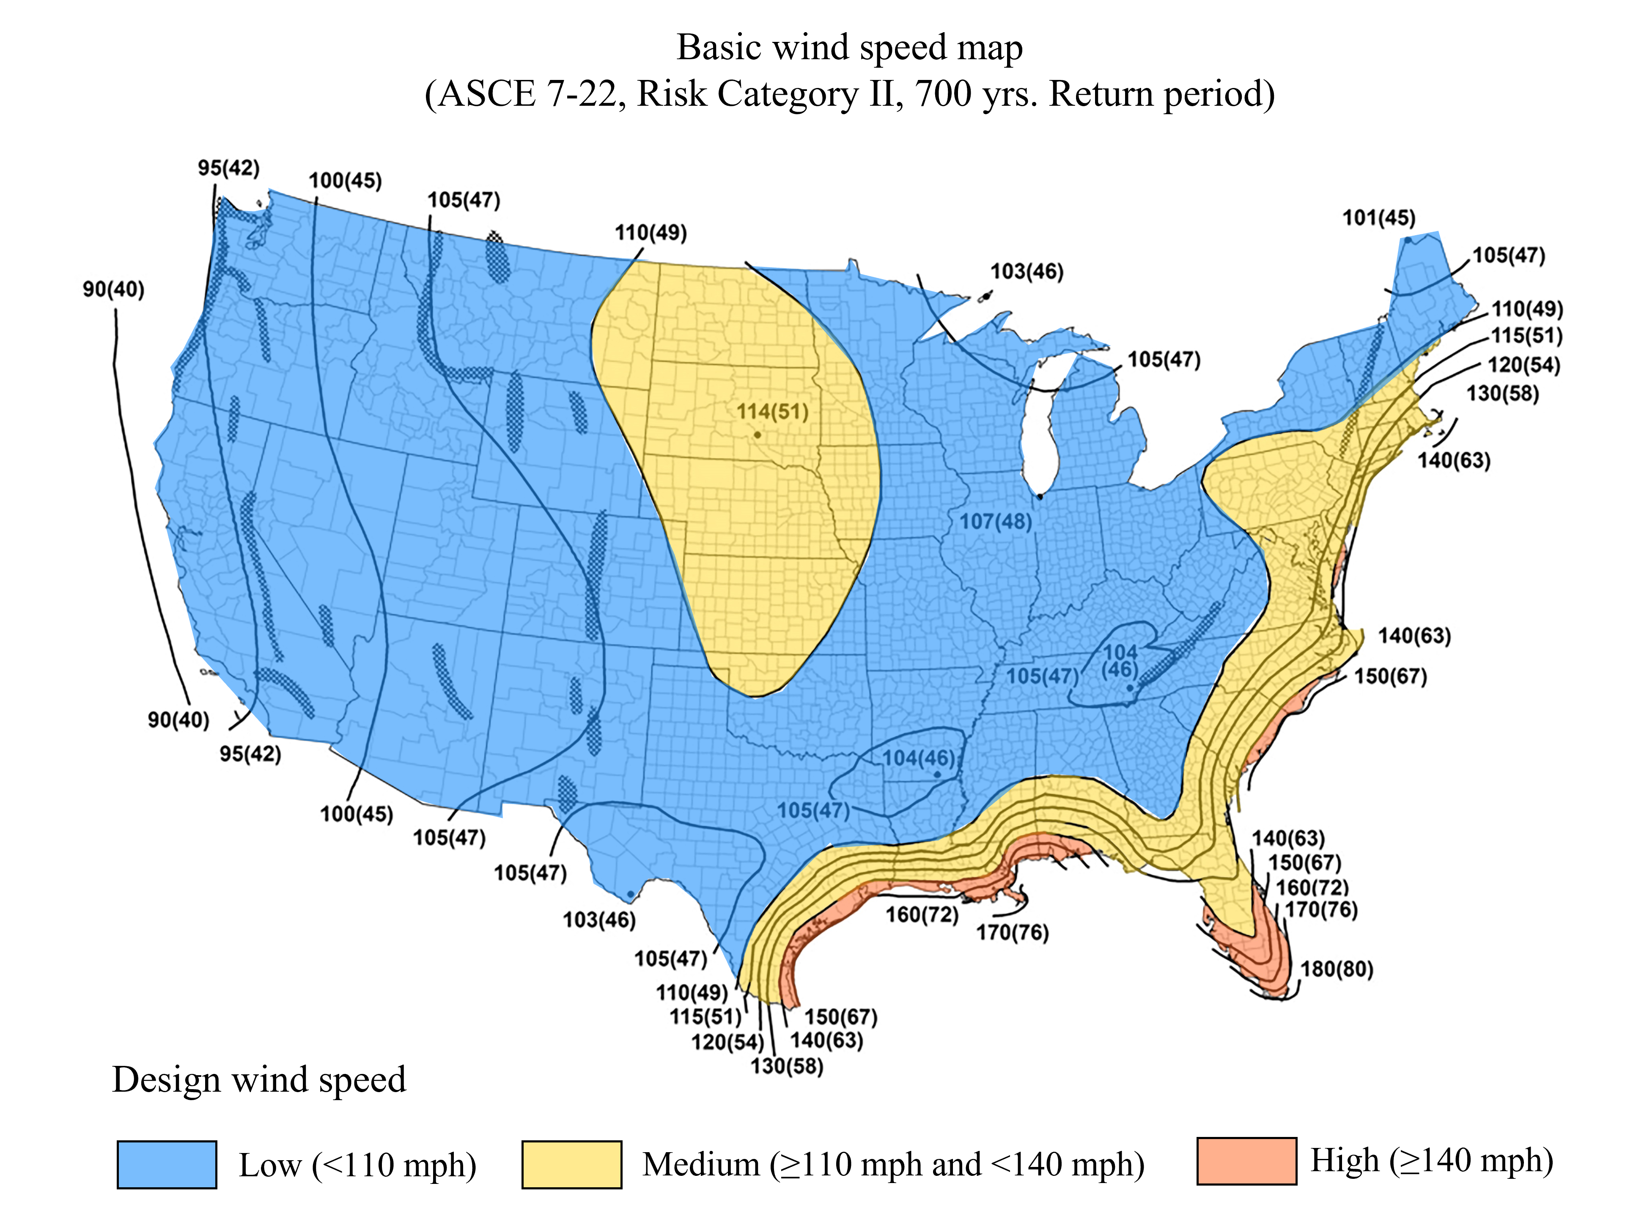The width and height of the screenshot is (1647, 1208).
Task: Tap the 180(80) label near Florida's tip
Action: (1336, 969)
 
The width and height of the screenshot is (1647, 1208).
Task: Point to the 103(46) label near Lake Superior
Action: (1027, 271)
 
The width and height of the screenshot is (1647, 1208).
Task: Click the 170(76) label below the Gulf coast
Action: (1013, 932)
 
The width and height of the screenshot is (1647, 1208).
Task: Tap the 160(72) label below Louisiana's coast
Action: (922, 915)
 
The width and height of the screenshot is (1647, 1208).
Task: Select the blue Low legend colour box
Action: (167, 1164)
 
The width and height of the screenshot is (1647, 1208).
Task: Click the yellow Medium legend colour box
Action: (572, 1164)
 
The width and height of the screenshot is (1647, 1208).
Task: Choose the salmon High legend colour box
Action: (1246, 1161)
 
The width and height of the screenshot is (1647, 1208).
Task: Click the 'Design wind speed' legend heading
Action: (259, 1079)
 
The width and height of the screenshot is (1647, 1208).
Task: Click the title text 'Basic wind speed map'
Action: (849, 47)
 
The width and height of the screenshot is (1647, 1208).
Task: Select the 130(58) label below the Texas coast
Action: (787, 1066)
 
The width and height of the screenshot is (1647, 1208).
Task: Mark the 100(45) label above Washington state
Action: (345, 181)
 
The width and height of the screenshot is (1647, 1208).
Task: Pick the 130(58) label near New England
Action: (1502, 393)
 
